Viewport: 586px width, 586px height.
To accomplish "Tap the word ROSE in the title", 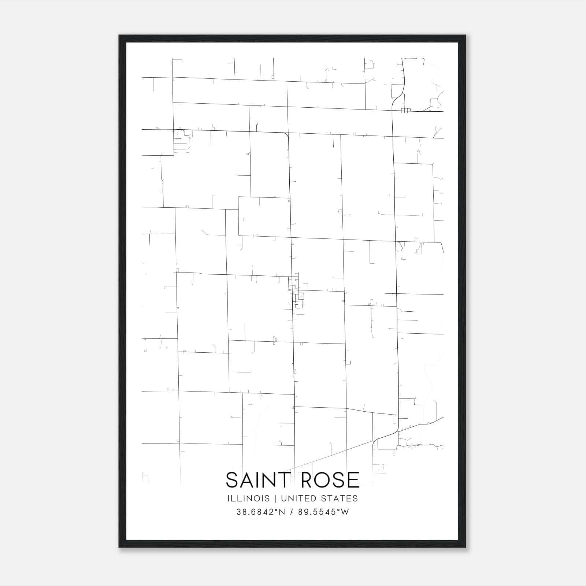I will tap(329, 480).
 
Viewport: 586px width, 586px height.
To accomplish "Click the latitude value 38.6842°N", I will tap(260, 512).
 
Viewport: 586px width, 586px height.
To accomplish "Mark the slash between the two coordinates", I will tap(292, 512).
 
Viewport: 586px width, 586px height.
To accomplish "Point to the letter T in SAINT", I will tap(286, 480).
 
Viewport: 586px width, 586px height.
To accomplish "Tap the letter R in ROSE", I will tap(307, 480).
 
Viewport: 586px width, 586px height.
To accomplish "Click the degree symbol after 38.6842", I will tap(276, 510).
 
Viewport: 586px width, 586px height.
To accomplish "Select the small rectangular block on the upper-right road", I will tap(404, 111).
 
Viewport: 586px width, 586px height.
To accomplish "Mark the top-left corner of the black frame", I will tap(120, 36).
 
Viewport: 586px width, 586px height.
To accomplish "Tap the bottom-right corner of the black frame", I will tap(465, 547).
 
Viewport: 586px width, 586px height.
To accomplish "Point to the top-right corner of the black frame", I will tap(465, 36).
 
